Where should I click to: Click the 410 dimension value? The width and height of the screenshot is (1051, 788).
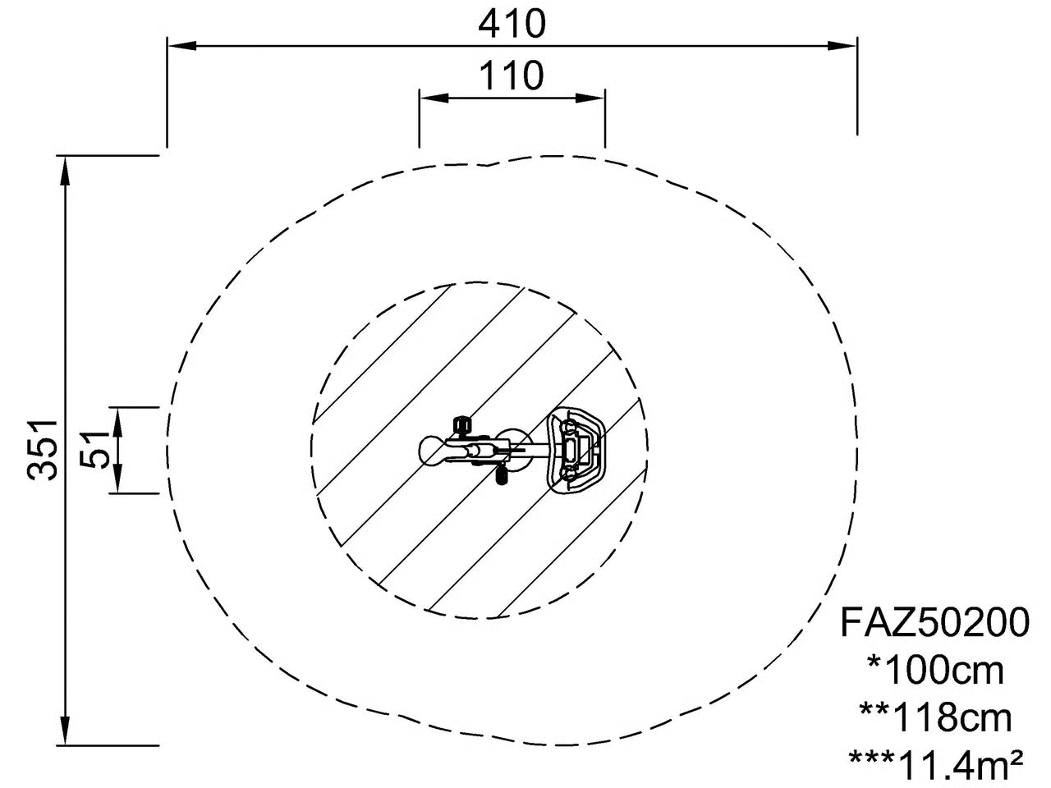coord(512,24)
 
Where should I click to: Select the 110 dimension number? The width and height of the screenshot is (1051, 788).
coord(512,76)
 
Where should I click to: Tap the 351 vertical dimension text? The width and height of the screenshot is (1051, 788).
coord(43,450)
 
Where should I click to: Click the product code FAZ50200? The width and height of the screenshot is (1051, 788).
coord(934,622)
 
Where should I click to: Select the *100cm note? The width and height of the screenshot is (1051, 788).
coord(935,671)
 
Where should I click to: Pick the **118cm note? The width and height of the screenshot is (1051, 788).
coord(935,718)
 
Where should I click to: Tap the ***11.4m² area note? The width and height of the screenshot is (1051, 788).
coord(935,764)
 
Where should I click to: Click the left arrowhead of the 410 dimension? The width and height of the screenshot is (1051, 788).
coord(182,46)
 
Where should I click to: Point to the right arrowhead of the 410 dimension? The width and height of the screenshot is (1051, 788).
coord(842,46)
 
